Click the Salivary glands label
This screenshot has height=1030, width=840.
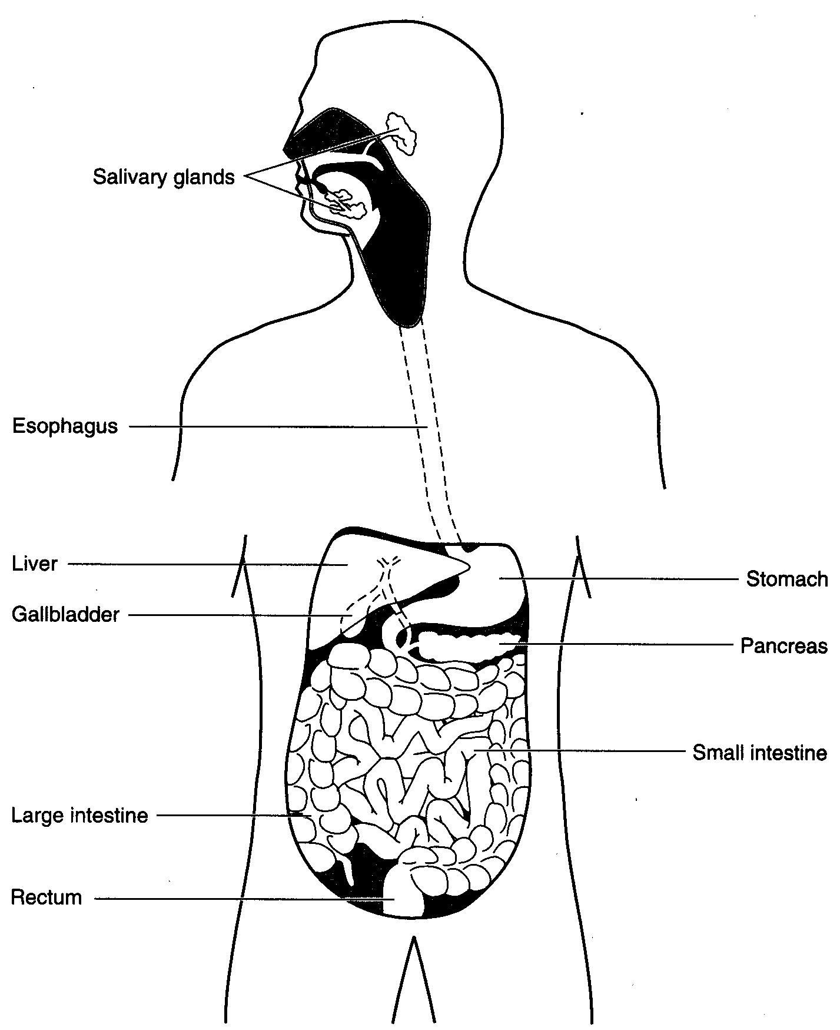[x=164, y=177]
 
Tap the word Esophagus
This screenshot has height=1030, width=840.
[x=65, y=426]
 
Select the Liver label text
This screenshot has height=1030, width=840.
[x=35, y=564]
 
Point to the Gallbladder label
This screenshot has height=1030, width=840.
[x=65, y=615]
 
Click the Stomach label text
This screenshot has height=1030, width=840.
[x=787, y=579]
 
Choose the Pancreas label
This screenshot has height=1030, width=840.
[x=784, y=646]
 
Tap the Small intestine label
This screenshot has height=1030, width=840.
[x=760, y=753]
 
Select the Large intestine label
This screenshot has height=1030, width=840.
[x=79, y=816]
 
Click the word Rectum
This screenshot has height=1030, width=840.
[x=47, y=898]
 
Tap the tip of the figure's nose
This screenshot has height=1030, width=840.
[x=284, y=150]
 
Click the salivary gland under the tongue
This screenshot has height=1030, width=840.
[x=348, y=201]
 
